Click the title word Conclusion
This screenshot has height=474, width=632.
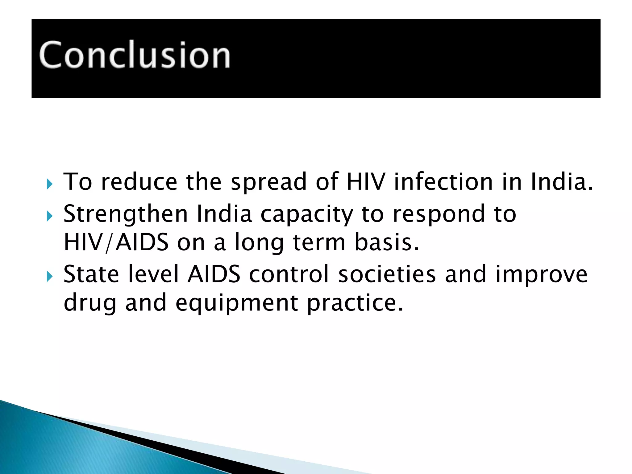(x=135, y=55)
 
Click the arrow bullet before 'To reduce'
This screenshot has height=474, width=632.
(x=50, y=184)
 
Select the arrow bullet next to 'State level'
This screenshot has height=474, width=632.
(x=50, y=277)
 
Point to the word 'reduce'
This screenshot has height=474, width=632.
(x=139, y=182)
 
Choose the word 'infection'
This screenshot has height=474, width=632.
(x=443, y=182)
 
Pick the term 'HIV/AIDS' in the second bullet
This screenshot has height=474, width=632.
(x=116, y=243)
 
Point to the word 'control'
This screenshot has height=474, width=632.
(x=289, y=274)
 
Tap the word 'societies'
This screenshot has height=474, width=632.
(x=387, y=274)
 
